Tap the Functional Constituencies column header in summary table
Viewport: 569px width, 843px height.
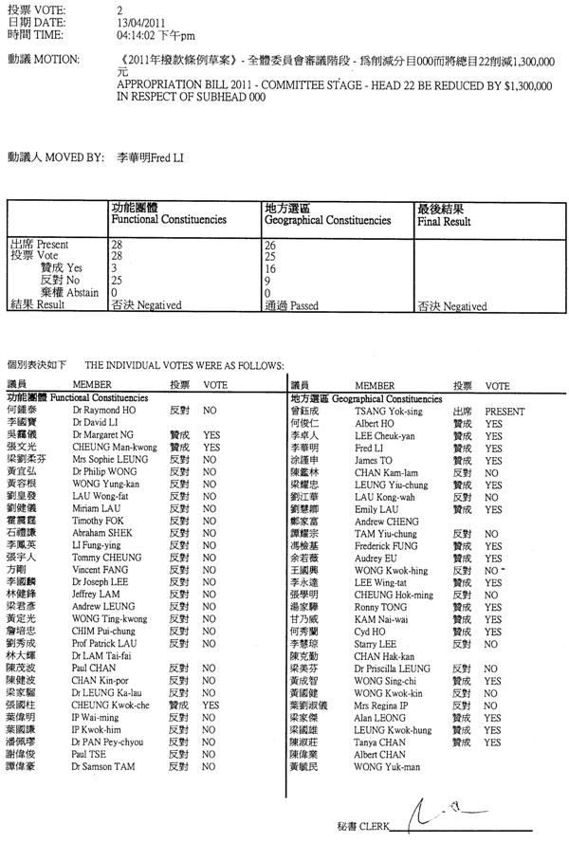[169, 220]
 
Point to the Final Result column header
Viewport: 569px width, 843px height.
[444, 220]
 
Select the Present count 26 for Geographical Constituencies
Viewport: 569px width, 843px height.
[269, 245]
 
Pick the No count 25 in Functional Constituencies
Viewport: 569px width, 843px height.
[118, 282]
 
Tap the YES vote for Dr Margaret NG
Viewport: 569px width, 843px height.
[211, 434]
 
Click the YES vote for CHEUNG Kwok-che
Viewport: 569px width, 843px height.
[211, 706]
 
